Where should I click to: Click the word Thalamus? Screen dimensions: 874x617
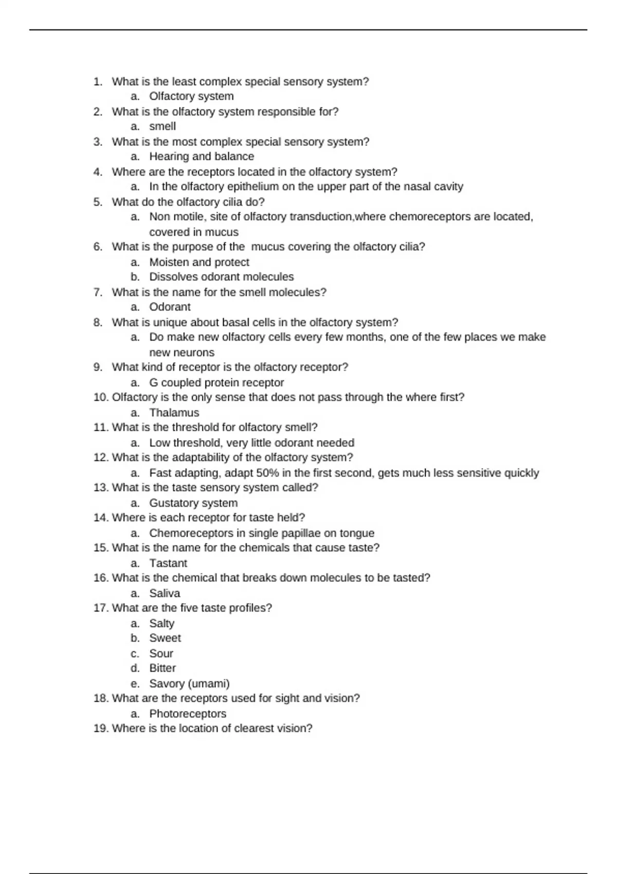point(174,412)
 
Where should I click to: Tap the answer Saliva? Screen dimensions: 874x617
point(165,593)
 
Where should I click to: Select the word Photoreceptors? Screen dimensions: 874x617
point(188,714)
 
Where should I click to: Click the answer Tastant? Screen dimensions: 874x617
point(168,563)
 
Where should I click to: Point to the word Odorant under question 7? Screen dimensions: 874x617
point(170,307)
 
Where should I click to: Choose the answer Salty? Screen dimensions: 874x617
point(161,623)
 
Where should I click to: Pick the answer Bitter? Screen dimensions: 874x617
point(162,668)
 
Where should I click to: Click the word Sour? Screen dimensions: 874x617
point(161,653)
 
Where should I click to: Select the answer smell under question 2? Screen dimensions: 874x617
point(162,126)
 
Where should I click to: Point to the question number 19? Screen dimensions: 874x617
point(100,729)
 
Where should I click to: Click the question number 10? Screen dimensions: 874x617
point(100,397)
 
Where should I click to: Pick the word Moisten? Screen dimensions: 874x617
point(169,262)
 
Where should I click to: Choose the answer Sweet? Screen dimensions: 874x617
point(165,638)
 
